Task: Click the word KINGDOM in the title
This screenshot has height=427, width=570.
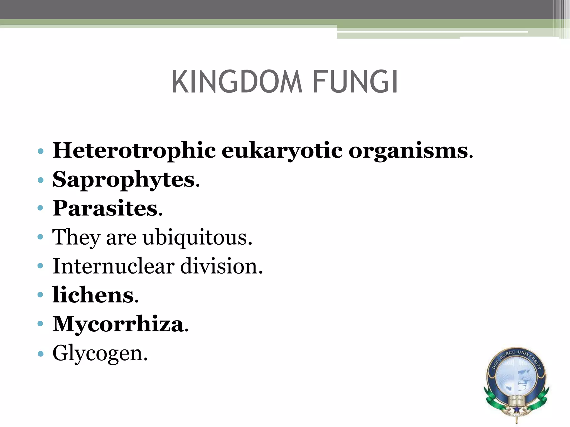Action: pyautogui.click(x=237, y=82)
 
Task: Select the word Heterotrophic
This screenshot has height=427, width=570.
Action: pyautogui.click(x=134, y=151)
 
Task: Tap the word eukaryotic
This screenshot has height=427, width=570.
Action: pyautogui.click(x=282, y=151)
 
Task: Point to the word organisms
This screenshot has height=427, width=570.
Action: pyautogui.click(x=408, y=151)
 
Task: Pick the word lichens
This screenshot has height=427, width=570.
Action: pyautogui.click(x=93, y=295)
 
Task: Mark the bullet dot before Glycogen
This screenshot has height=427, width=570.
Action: pyautogui.click(x=41, y=354)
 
